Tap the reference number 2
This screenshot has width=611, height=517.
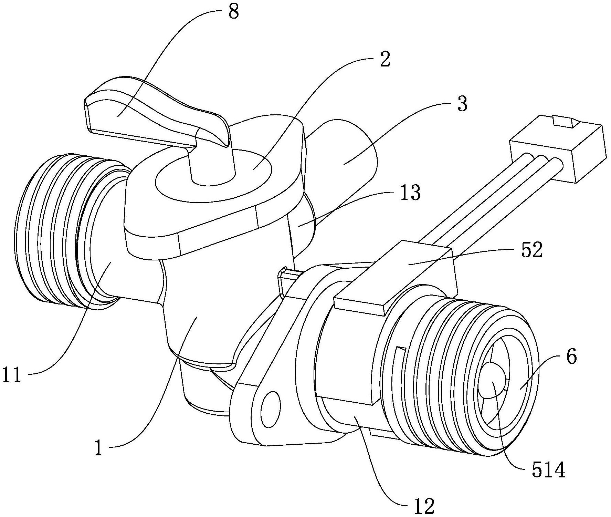point(384,60)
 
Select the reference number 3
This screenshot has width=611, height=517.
point(462,104)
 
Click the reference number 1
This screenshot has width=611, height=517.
point(99,448)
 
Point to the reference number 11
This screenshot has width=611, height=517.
point(12,376)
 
